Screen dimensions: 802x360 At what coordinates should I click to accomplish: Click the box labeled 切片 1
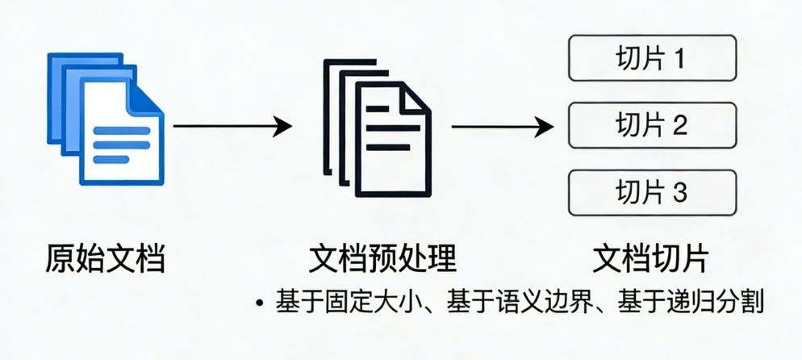[x=652, y=58]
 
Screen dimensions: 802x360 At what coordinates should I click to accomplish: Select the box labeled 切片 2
[x=652, y=125]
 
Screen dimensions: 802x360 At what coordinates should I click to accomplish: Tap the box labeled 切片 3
[x=652, y=192]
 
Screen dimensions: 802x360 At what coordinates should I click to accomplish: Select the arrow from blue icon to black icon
[x=232, y=126]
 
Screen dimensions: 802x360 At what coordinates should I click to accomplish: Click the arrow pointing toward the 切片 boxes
[x=502, y=126]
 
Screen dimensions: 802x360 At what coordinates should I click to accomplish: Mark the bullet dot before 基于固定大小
[x=259, y=303]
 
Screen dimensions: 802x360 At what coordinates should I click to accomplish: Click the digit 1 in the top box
[x=679, y=58]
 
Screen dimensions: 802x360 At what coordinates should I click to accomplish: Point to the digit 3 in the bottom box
[x=679, y=192]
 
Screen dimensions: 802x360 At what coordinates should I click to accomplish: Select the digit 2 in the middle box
[x=679, y=125]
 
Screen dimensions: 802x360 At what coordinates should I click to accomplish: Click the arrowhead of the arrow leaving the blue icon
[x=282, y=126]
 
